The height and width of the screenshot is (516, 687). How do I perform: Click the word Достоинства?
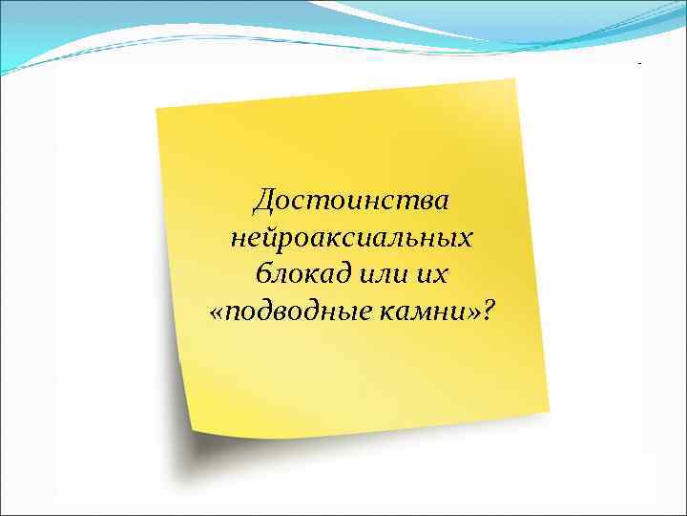click(351, 203)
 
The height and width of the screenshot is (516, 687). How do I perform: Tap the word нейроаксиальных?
click(351, 239)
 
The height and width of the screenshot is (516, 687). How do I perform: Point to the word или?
click(384, 275)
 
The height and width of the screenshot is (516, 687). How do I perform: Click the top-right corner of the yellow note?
click(516, 79)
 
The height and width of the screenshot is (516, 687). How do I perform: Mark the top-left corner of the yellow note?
click(156, 106)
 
